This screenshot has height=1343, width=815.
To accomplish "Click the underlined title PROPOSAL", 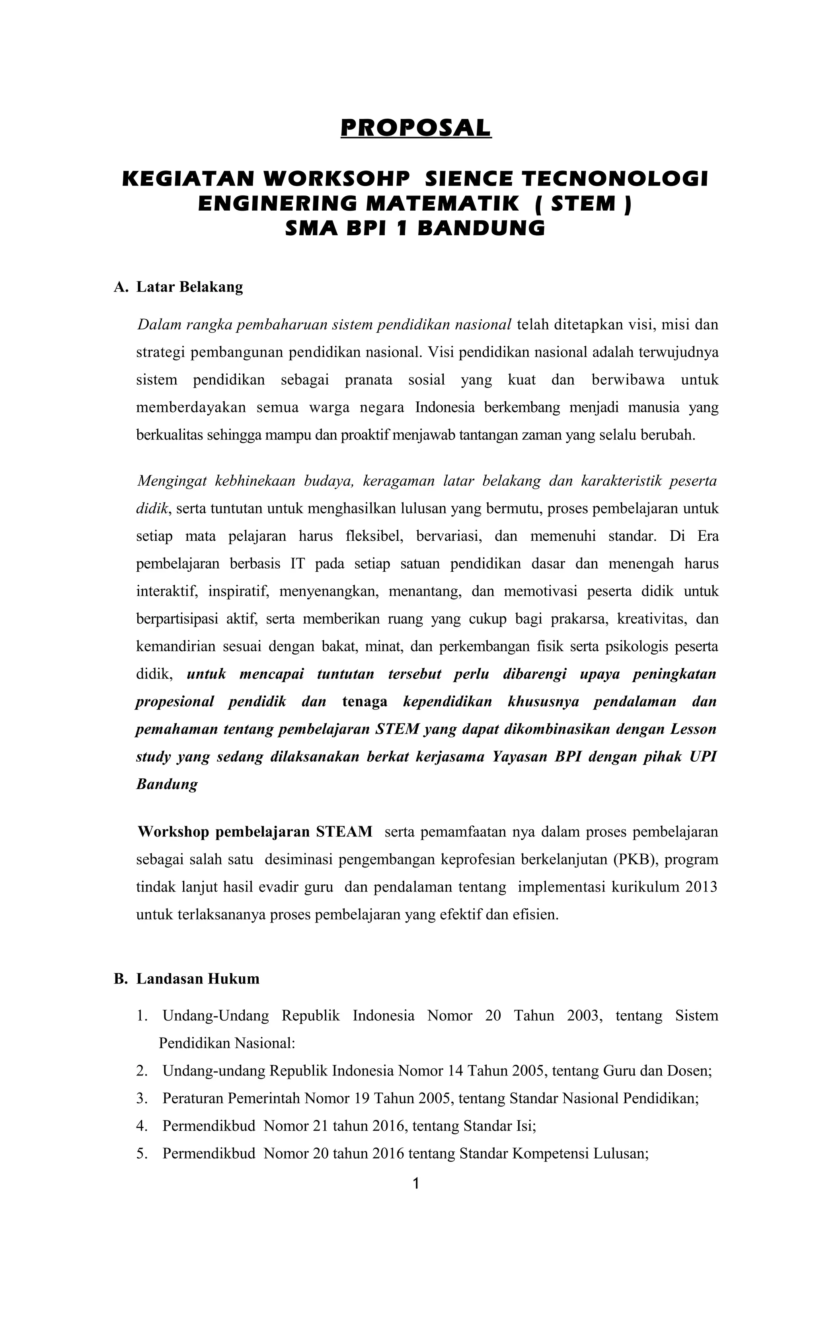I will coord(416,128).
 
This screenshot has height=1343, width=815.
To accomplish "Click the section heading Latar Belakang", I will coord(189,287).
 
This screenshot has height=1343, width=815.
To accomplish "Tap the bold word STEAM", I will coord(344,832).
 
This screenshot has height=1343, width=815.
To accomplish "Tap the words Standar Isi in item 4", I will coord(499,1126).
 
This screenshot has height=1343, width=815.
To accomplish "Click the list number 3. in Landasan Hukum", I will coord(142,1098).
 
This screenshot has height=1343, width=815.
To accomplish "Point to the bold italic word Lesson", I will coord(693,729).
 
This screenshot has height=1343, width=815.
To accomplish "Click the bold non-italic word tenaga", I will coord(365,702).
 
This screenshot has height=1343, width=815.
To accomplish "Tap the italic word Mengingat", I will coord(172,481).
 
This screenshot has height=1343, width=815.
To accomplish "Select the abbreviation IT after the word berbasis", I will coord(297,563).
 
